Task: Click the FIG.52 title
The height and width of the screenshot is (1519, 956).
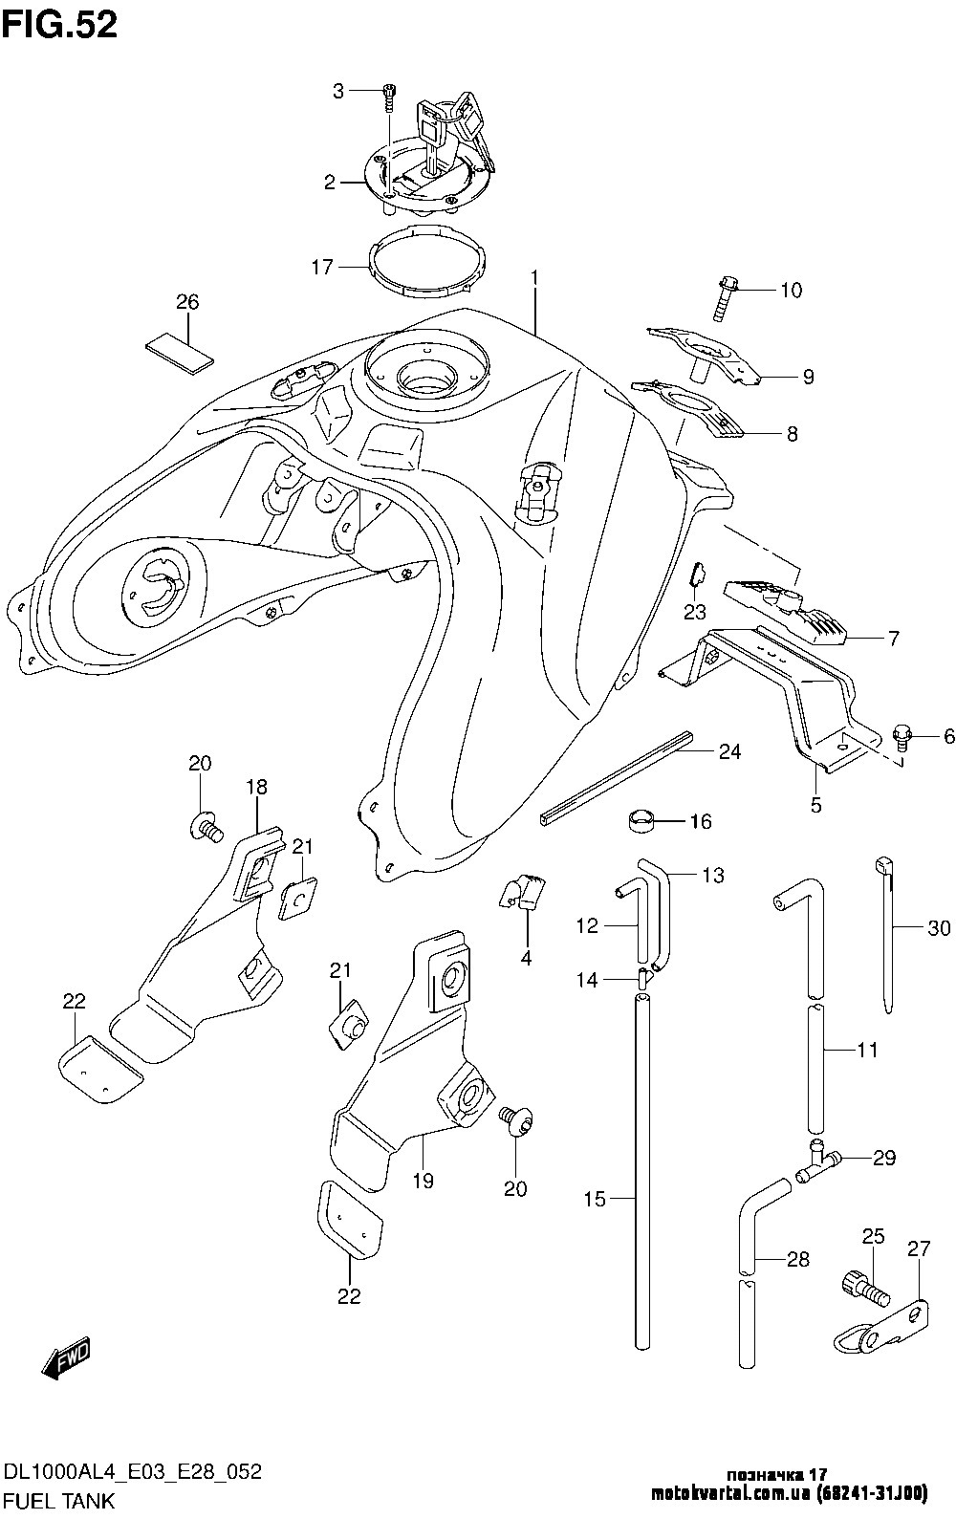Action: coord(59,25)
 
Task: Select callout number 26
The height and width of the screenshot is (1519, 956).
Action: coord(187,303)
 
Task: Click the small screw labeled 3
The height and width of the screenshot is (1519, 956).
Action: coord(388,96)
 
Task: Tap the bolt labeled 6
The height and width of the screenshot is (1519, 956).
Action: coord(902,734)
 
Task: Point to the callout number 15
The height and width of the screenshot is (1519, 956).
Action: coord(595,1198)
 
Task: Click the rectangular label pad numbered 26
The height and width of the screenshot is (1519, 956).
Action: coord(180,349)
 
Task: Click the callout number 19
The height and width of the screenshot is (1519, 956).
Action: coord(423,1181)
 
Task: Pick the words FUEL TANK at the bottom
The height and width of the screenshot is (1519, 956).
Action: coord(60,1500)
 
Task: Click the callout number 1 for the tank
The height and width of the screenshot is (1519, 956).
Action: coord(535,278)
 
